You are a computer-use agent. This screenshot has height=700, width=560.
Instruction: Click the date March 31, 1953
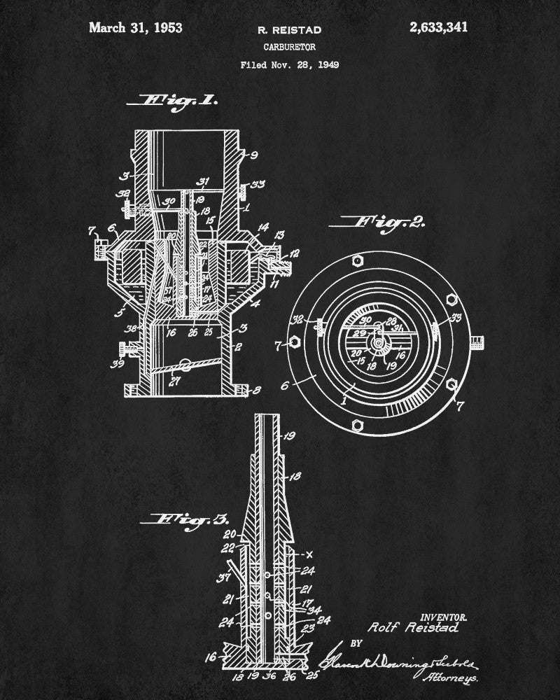[136, 28]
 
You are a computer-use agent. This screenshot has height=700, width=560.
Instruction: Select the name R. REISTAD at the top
[280, 30]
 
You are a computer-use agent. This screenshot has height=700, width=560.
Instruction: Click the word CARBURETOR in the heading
[280, 48]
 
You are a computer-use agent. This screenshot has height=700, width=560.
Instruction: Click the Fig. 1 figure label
[180, 100]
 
